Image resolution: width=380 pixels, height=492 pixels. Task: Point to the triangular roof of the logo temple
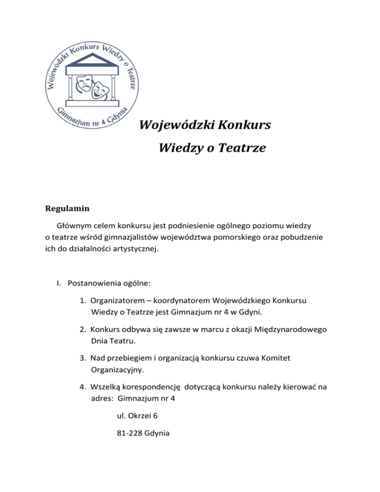point(90,61)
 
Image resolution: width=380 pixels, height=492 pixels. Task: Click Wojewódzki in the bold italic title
point(174,125)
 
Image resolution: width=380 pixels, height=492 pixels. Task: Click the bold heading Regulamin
point(64,208)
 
